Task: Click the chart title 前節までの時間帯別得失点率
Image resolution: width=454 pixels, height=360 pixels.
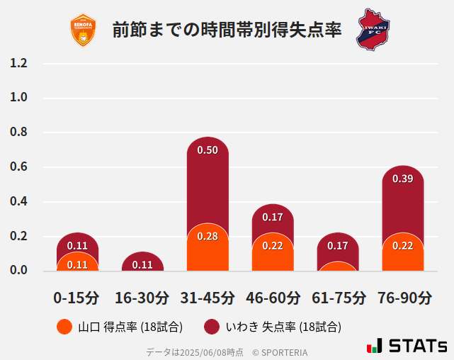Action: (x=227, y=30)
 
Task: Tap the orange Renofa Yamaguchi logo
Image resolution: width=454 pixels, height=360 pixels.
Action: (x=83, y=30)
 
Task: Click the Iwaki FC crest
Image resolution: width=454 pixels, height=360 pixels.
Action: (x=373, y=29)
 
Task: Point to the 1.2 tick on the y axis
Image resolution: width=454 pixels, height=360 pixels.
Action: (x=18, y=63)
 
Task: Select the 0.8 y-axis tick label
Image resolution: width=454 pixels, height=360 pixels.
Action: (x=18, y=133)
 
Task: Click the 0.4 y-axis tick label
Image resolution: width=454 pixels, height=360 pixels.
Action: (x=18, y=201)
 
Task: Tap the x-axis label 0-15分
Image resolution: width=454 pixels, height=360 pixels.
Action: (x=77, y=298)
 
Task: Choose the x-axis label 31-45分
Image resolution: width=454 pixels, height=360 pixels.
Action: (x=208, y=298)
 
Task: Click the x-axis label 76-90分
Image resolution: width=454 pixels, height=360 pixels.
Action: (x=402, y=298)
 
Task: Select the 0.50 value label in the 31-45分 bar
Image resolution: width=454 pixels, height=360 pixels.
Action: (x=208, y=150)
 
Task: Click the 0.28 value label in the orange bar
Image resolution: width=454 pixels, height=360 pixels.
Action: (x=208, y=236)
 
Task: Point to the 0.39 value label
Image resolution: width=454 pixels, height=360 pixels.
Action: (x=402, y=179)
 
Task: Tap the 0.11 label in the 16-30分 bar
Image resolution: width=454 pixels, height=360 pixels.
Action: (x=142, y=265)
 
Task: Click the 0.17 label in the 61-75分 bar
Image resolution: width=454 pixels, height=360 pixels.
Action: (x=338, y=246)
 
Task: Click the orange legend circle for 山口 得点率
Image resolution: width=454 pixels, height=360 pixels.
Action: (x=64, y=327)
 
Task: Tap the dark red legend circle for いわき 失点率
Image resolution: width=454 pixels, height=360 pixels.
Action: (x=211, y=327)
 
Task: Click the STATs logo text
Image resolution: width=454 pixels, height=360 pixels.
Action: (x=417, y=347)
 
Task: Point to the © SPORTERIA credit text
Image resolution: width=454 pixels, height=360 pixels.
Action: (x=280, y=351)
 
